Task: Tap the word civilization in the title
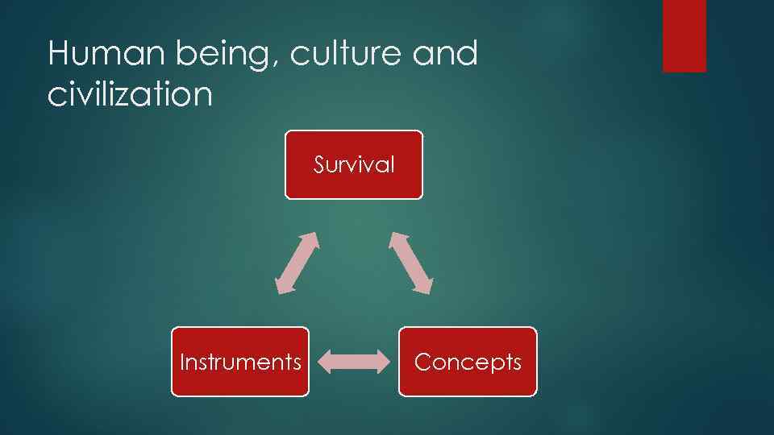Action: pos(130,95)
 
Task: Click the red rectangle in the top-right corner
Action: pos(684,35)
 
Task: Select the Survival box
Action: pos(353,164)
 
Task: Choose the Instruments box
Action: pos(239,362)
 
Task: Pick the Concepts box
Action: pos(468,362)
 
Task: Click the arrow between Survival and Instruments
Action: pos(298,263)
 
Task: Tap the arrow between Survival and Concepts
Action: pos(411,263)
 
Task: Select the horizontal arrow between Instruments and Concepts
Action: pos(353,362)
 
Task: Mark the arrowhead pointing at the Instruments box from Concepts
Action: pos(325,362)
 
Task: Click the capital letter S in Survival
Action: pos(319,165)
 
